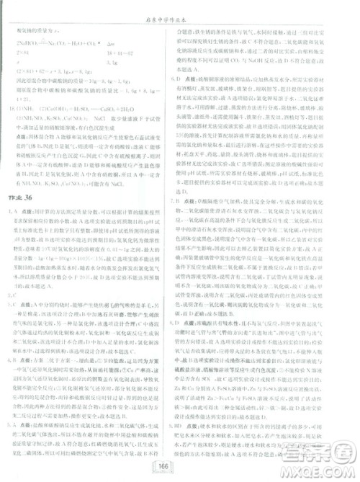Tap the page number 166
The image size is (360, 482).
pyautogui.click(x=180, y=465)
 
